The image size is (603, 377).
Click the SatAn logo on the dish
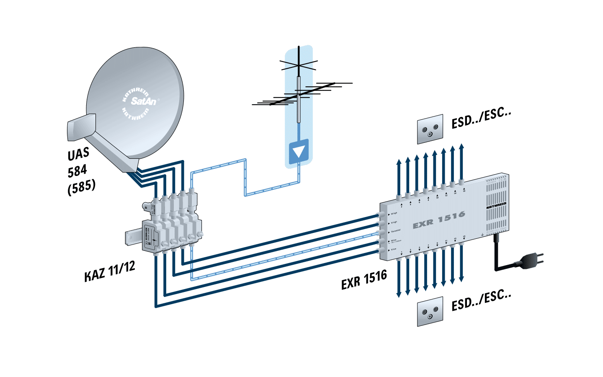143,101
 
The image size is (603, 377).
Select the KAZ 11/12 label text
110,272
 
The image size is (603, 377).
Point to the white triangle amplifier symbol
298,151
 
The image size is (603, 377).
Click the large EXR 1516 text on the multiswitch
439,220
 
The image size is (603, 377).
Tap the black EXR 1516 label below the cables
364,280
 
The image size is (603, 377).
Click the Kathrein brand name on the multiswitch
496,206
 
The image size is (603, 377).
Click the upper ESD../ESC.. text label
482,119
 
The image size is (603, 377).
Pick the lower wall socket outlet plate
430,312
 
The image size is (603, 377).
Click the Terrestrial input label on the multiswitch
395,231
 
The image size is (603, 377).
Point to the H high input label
394,214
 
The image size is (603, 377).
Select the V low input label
394,249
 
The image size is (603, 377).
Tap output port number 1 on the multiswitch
402,252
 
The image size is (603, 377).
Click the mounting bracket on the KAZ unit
133,238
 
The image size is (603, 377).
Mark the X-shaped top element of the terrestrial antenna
299,64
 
